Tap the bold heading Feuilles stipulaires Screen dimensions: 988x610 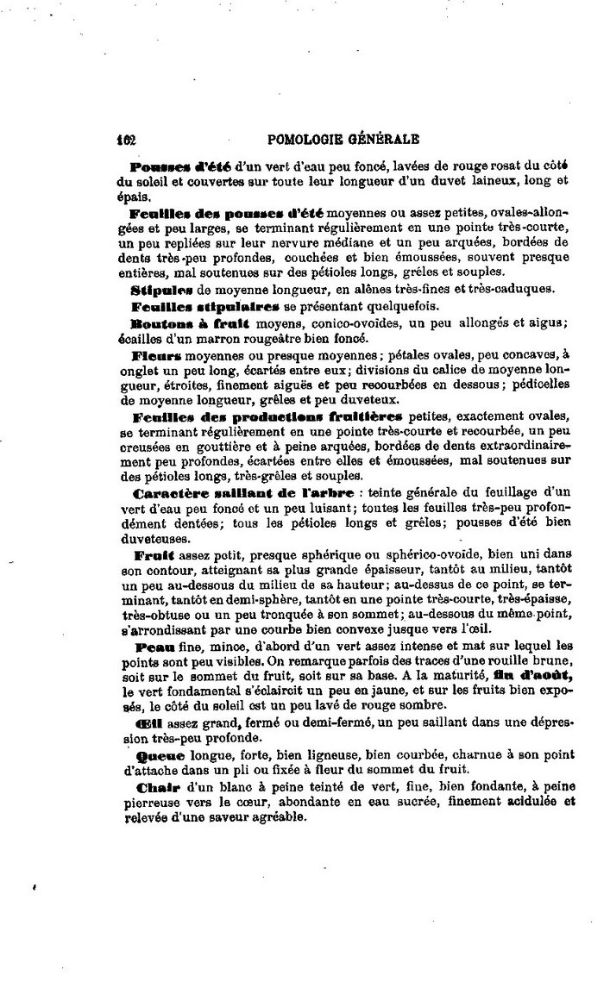[204, 306]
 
